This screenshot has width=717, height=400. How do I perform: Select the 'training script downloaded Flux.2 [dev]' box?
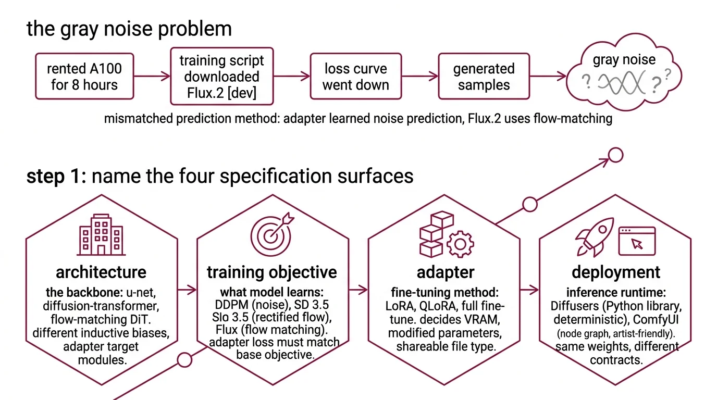click(222, 77)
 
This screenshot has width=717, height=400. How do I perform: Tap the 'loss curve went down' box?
click(355, 77)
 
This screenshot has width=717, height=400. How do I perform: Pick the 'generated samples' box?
click(484, 77)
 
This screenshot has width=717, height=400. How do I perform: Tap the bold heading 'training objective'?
click(271, 272)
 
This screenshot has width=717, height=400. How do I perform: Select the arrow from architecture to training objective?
click(187, 289)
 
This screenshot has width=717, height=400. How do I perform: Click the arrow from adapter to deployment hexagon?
click(529, 289)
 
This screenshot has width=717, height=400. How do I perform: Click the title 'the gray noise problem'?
click(129, 28)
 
